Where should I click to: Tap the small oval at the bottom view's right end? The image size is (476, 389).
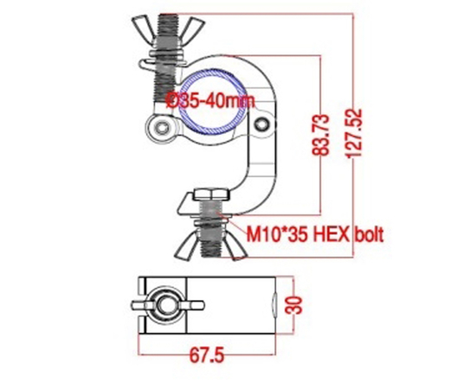tap(275, 304)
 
